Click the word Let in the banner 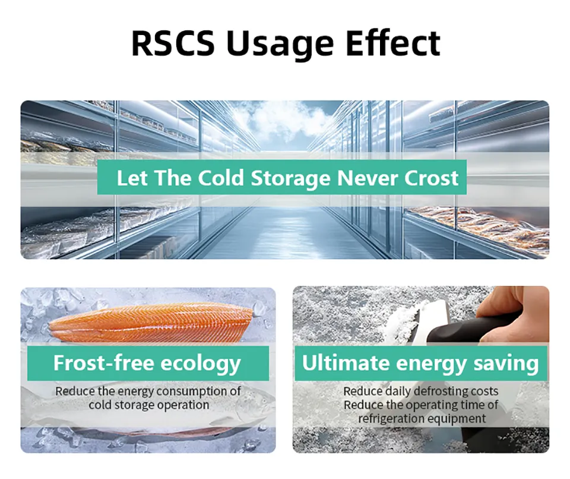click(132, 178)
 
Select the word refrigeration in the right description click(391, 418)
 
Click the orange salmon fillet click(151, 324)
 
